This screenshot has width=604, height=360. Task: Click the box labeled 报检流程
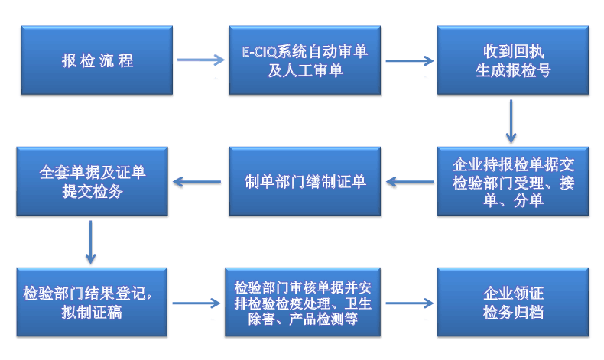coord(96,61)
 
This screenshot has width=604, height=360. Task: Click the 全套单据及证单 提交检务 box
coord(92,182)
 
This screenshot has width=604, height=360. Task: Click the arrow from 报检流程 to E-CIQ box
coord(200,60)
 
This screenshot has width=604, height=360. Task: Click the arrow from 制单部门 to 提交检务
coord(200,182)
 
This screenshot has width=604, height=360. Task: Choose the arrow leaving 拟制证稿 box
coord(196,303)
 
